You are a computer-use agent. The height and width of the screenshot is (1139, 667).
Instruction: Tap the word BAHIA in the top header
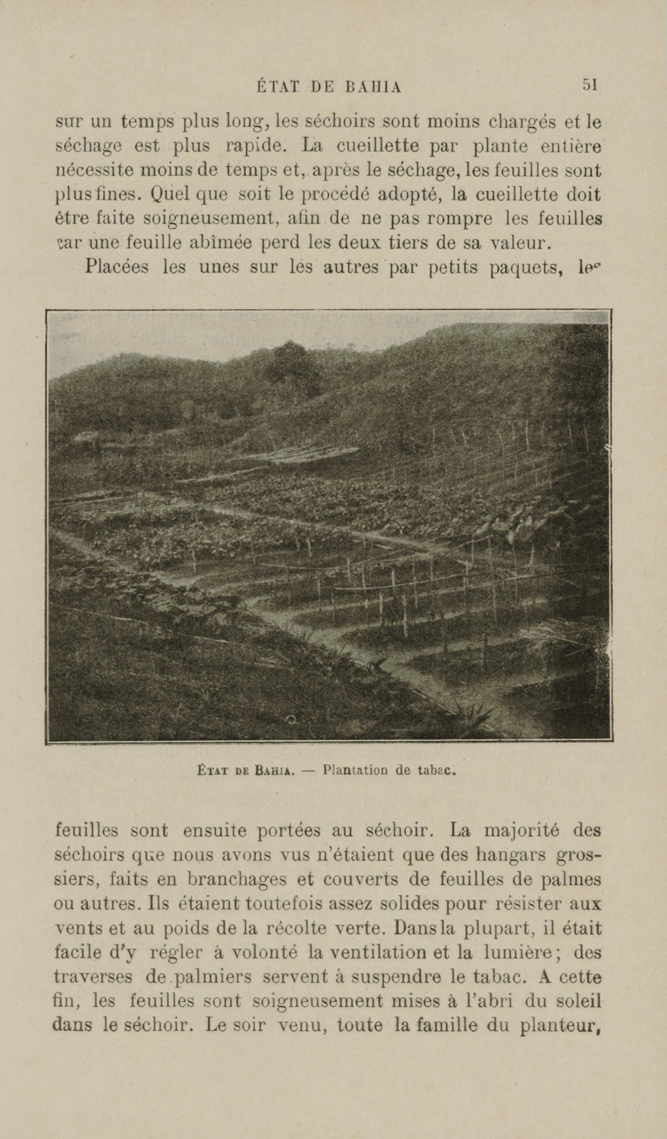(373, 87)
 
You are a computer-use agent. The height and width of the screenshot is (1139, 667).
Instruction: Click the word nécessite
(94, 170)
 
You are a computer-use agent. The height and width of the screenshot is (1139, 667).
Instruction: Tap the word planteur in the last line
(560, 1025)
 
